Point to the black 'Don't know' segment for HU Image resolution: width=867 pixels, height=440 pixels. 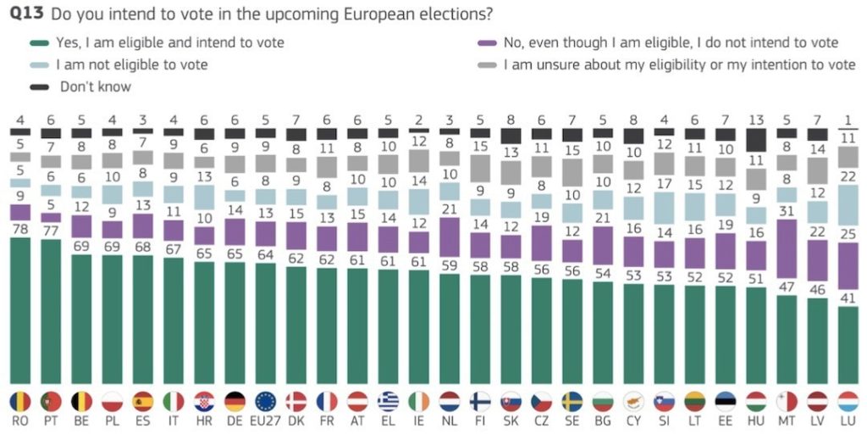click(756, 141)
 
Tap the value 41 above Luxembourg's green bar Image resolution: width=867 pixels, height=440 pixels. click(848, 298)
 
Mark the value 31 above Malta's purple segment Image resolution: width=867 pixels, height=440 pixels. click(787, 212)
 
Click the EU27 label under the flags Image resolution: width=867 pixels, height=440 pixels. click(266, 422)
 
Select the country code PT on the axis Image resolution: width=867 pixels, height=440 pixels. click(51, 422)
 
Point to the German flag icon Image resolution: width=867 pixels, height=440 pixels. click(235, 401)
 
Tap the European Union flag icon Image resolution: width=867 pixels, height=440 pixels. click(266, 401)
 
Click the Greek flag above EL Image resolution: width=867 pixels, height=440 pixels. click(388, 401)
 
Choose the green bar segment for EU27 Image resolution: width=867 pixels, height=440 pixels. click(266, 322)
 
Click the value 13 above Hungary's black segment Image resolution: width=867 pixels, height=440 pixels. click(756, 120)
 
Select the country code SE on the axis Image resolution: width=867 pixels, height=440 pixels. click(572, 422)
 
